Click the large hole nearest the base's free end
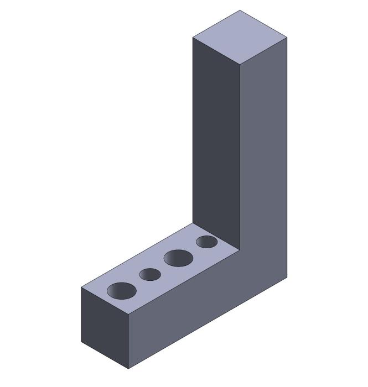click(122, 290)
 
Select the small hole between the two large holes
click(150, 274)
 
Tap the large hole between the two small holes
click(178, 258)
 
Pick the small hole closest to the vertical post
click(206, 242)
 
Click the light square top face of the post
click(240, 37)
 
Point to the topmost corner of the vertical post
click(240, 10)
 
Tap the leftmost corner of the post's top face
click(193, 37)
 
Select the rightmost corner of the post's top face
click(287, 37)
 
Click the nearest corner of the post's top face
click(240, 64)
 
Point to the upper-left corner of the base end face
click(81, 287)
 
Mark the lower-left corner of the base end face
click(81, 342)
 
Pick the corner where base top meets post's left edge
click(193, 223)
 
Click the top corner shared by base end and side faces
click(129, 315)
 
